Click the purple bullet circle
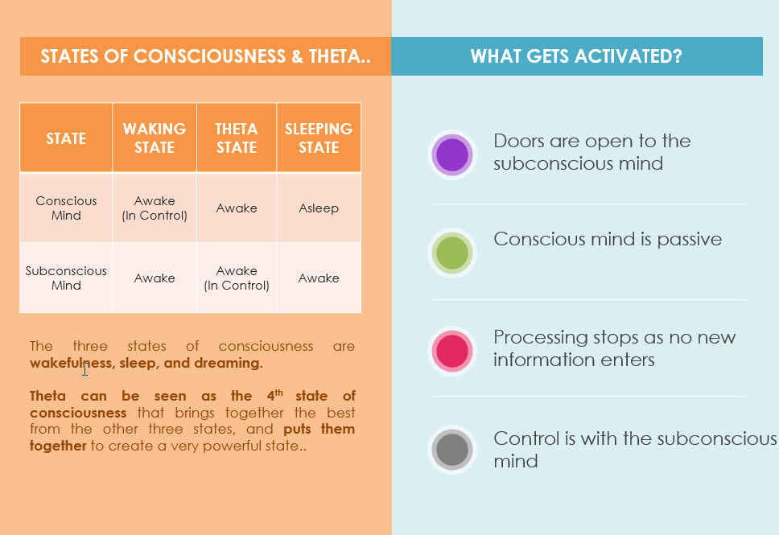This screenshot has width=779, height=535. pyautogui.click(x=451, y=154)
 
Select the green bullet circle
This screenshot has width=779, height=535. pyautogui.click(x=451, y=253)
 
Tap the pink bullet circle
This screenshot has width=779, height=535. pyautogui.click(x=451, y=351)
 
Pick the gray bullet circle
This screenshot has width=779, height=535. pyautogui.click(x=451, y=449)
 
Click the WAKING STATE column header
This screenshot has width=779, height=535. pyautogui.click(x=155, y=138)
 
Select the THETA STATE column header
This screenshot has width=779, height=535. pyautogui.click(x=237, y=138)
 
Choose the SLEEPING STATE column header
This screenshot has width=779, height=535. pyautogui.click(x=319, y=138)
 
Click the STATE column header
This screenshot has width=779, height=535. pyautogui.click(x=66, y=138)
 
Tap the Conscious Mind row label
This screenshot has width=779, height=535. pyautogui.click(x=66, y=208)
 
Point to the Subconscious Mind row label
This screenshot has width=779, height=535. pyautogui.click(x=66, y=278)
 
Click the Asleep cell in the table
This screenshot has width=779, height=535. pyautogui.click(x=319, y=208)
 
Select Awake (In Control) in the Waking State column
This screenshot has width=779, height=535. pyautogui.click(x=155, y=208)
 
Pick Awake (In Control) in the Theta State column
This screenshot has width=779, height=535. pyautogui.click(x=237, y=278)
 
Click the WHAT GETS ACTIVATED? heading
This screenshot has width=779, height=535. pyautogui.click(x=576, y=56)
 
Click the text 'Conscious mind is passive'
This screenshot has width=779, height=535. pyautogui.click(x=608, y=239)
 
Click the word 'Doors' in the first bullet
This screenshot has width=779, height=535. pyautogui.click(x=519, y=141)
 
